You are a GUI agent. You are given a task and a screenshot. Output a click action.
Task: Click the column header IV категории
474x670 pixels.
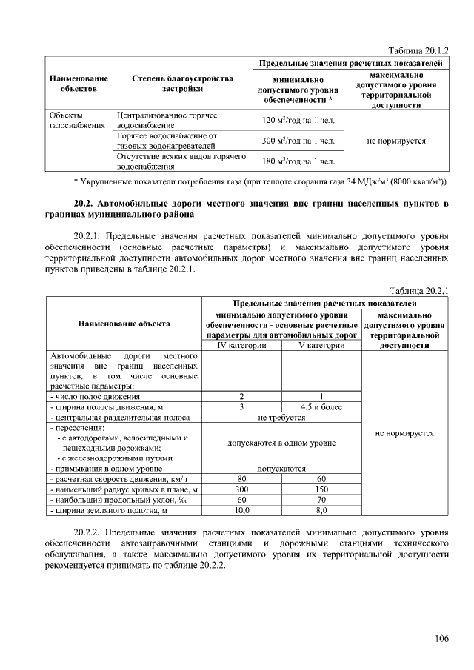241,345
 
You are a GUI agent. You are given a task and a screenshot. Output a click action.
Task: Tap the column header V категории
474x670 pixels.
321,345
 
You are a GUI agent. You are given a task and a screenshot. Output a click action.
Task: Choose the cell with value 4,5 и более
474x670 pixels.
321,406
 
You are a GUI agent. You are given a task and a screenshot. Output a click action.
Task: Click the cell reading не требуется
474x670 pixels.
281,418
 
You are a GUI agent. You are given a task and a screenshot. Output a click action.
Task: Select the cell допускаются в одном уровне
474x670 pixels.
281,443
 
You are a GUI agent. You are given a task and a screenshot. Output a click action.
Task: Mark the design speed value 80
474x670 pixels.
241,479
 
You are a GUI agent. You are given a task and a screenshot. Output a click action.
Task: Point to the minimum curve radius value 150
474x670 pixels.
321,489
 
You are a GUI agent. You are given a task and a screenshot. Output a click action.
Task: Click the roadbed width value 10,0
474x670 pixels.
241,510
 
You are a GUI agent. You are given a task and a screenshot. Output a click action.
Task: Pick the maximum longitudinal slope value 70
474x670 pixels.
321,500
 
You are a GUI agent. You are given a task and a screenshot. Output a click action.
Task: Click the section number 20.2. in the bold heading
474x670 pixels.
89,203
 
